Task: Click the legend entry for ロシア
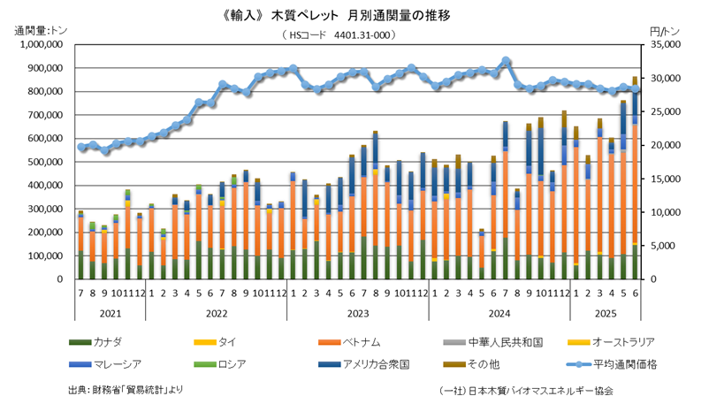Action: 233,362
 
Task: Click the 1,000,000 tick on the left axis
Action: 35,43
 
